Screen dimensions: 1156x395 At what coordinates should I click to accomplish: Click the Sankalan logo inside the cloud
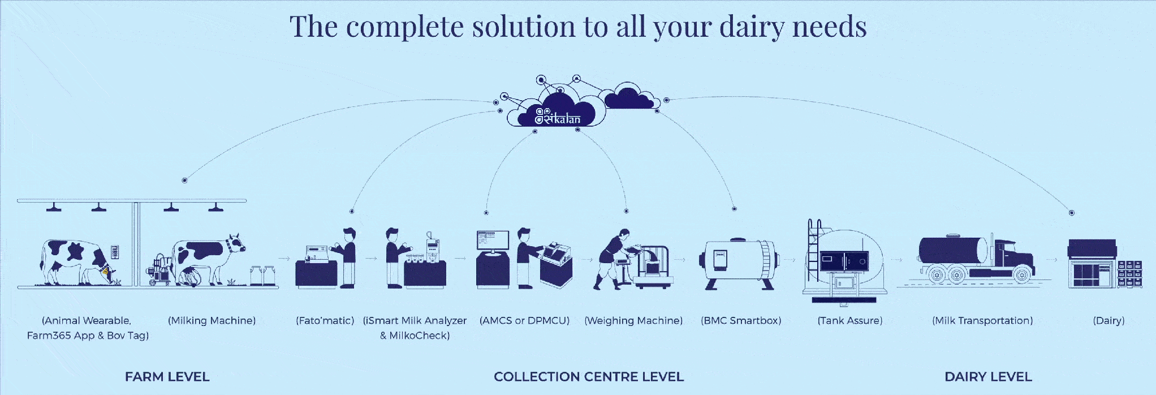558,117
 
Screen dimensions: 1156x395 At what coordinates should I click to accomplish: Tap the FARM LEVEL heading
167,377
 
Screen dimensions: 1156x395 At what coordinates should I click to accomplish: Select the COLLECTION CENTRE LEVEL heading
589,377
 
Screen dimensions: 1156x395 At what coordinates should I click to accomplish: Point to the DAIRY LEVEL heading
988,377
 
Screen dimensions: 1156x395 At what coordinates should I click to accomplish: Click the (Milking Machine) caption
212,321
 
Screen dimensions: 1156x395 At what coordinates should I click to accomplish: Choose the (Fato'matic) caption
325,321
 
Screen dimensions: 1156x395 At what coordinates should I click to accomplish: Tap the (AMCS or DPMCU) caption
524,321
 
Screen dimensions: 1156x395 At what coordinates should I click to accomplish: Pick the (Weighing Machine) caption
633,321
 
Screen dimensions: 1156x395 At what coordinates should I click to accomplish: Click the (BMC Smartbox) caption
741,321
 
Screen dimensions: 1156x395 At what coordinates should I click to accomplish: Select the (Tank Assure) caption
850,321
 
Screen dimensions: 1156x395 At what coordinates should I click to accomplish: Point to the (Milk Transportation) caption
982,321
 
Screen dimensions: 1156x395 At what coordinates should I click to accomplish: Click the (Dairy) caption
1108,321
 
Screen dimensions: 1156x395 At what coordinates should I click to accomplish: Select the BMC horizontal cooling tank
738,263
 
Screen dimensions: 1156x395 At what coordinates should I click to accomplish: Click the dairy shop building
1092,264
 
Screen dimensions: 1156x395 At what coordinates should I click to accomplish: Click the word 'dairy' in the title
752,27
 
